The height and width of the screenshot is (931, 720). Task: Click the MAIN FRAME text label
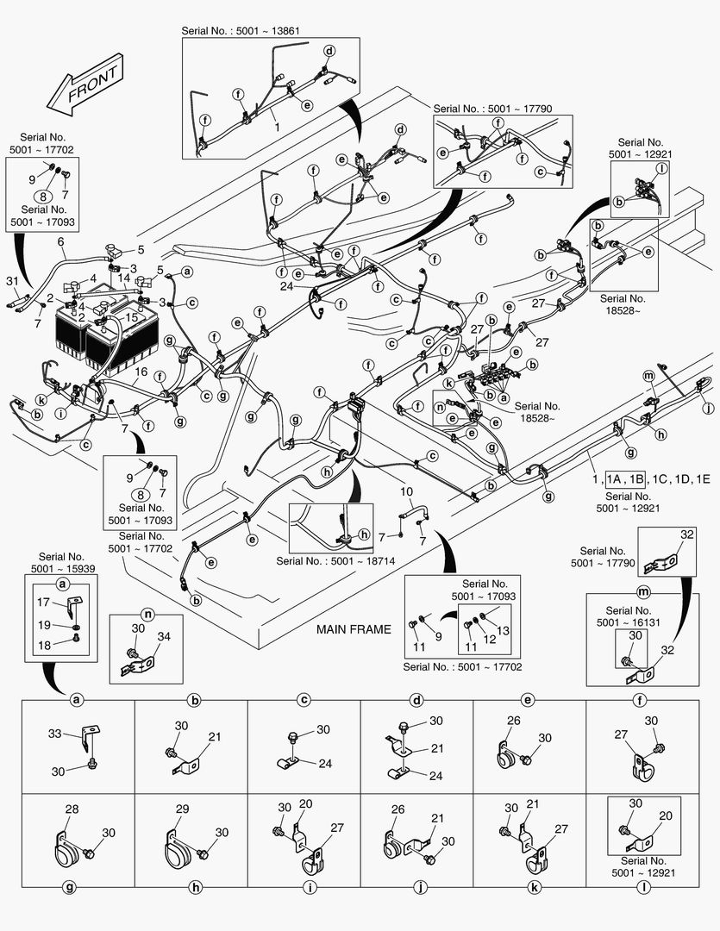click(354, 629)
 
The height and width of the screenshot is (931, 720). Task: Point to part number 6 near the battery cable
click(60, 242)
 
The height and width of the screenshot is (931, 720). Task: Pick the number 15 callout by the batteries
click(132, 317)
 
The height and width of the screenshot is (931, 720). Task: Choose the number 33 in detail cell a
click(54, 734)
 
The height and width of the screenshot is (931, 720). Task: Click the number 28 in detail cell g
click(72, 809)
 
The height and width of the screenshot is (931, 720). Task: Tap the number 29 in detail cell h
click(181, 809)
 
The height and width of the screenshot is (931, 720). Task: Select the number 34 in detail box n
click(164, 636)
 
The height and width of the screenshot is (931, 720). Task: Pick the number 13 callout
click(504, 631)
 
